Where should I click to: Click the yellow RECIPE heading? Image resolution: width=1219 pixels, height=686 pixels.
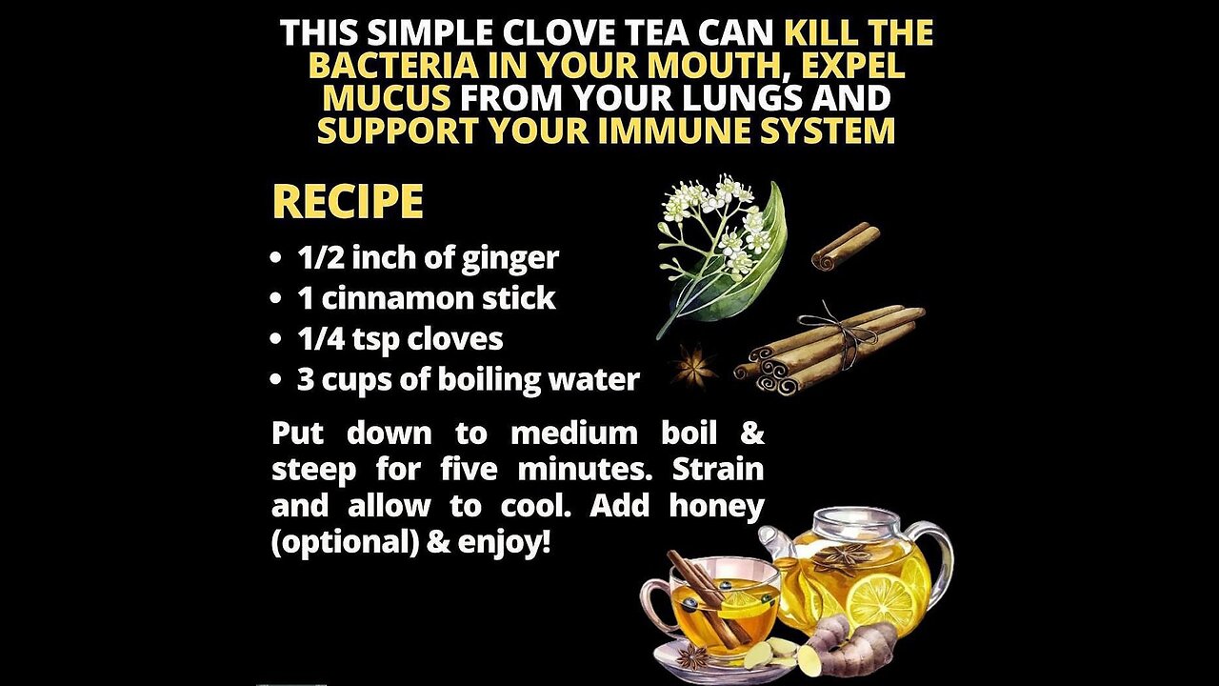click(x=348, y=201)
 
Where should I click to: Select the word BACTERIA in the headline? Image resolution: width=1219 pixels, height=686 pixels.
click(x=394, y=66)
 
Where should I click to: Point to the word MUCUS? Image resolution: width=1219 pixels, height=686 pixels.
click(x=387, y=98)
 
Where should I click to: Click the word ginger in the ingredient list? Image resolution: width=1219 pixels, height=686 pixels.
click(x=510, y=258)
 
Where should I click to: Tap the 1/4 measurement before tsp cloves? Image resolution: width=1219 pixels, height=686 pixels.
click(x=321, y=338)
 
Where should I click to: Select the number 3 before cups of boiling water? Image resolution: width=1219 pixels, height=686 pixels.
click(x=306, y=379)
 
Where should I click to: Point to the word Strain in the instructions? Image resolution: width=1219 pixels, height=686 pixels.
click(x=718, y=470)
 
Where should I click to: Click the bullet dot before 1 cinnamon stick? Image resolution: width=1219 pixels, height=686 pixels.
click(x=277, y=299)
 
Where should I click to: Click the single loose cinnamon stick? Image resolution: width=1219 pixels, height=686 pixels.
click(x=845, y=246)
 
